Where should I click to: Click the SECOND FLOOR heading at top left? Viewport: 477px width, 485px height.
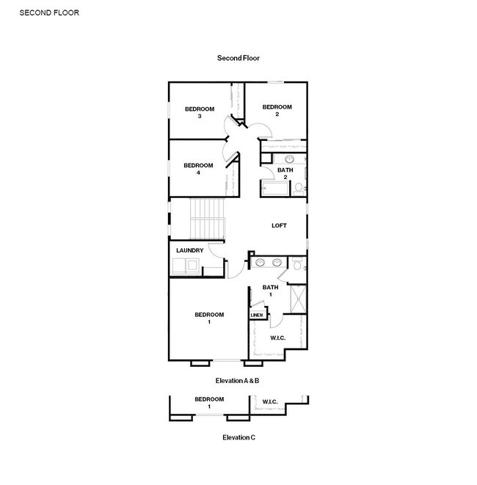click(x=49, y=12)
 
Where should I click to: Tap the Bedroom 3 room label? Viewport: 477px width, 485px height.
click(x=199, y=112)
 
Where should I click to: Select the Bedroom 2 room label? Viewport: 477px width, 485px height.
click(x=277, y=110)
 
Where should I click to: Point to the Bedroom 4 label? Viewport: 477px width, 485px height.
click(x=198, y=169)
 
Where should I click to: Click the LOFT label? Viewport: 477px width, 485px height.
click(x=279, y=225)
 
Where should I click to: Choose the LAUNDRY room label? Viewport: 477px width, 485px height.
click(x=189, y=250)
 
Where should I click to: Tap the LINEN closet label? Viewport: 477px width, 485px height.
click(x=257, y=316)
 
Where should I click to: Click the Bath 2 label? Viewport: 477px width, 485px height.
click(x=285, y=173)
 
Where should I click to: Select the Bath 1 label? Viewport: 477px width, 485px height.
click(x=270, y=291)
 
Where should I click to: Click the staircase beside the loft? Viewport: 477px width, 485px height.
click(x=206, y=218)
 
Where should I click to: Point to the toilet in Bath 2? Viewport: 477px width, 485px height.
click(x=298, y=189)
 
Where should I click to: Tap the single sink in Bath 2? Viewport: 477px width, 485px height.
click(x=289, y=158)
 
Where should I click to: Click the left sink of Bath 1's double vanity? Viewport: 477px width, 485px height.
click(x=261, y=262)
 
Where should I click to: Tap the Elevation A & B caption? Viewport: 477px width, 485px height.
click(x=238, y=381)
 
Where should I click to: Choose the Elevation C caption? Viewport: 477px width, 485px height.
click(x=238, y=437)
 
